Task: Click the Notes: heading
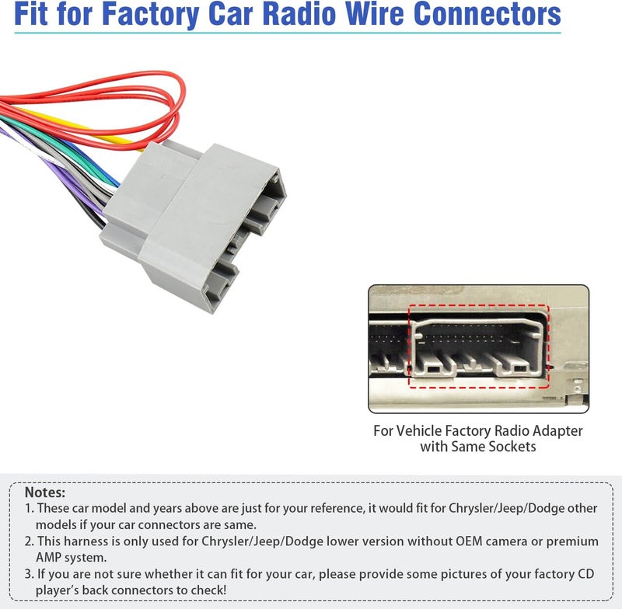click(x=45, y=492)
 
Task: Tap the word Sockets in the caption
click(x=512, y=447)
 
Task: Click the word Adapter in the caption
click(x=557, y=431)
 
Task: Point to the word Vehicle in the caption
click(x=418, y=430)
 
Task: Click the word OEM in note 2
click(x=469, y=541)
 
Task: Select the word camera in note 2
click(x=507, y=541)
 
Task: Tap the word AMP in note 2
click(x=49, y=558)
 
